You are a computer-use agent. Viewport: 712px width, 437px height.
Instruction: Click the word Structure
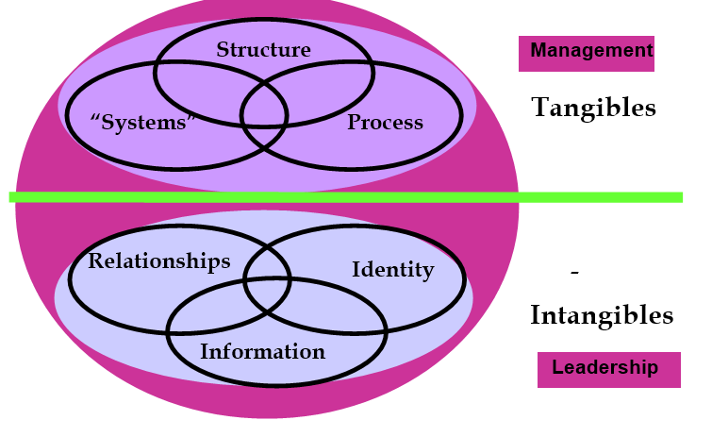[x=263, y=49]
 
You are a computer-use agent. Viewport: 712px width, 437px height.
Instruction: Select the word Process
[x=385, y=123]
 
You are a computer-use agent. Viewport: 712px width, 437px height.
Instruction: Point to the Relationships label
[x=158, y=261]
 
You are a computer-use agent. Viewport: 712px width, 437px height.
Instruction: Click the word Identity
[x=392, y=270]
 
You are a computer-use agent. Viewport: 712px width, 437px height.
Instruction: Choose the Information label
[x=262, y=352]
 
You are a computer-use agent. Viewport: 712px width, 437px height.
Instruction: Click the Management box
[x=586, y=53]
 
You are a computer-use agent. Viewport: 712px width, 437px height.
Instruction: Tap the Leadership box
[x=608, y=369]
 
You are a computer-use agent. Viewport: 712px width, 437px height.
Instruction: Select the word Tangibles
[x=593, y=108]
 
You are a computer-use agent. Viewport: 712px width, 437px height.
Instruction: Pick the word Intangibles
[x=602, y=314]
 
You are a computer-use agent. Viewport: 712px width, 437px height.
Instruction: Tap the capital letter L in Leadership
[x=557, y=368]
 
